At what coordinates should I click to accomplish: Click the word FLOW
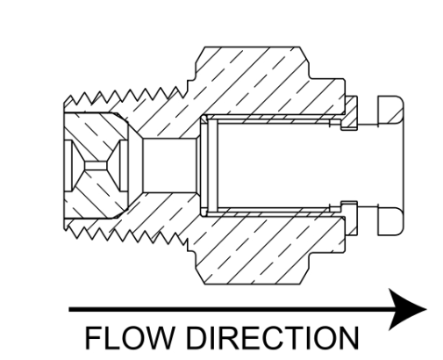pos(128,337)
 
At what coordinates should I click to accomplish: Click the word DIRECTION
pos(272,337)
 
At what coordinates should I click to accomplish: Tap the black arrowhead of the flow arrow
pos(408,309)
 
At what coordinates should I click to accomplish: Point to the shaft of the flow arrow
pos(231,309)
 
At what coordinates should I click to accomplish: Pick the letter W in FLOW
pos(154,337)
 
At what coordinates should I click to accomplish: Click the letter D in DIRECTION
pos(196,337)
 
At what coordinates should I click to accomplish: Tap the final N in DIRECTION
pos(348,337)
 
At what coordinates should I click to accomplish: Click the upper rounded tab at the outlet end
pos(391,110)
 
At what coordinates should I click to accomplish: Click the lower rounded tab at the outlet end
pos(391,221)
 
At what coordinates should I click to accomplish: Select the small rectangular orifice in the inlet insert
pos(96,166)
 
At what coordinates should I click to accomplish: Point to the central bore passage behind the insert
pos(169,166)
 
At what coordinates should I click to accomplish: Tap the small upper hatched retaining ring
pos(350,113)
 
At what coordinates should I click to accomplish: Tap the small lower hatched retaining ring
pos(350,218)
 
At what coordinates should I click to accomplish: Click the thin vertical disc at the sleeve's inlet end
pos(212,166)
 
